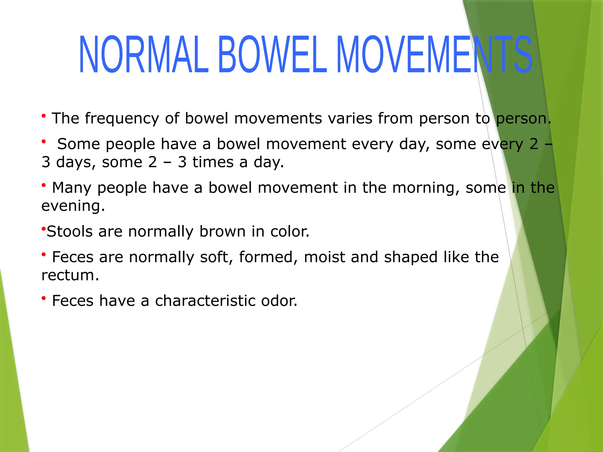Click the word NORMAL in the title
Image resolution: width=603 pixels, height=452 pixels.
[144, 54]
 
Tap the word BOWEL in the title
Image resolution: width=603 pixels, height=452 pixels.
[272, 54]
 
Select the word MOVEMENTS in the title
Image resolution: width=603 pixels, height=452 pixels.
[434, 54]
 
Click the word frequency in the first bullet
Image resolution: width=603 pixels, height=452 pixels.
[122, 119]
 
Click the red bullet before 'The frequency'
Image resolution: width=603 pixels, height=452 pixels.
[44, 116]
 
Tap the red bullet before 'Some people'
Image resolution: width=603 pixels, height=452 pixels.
[44, 142]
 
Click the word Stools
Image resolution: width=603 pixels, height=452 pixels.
[70, 231]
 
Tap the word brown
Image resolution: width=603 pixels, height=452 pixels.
[222, 231]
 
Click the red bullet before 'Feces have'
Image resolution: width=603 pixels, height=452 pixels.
[44, 298]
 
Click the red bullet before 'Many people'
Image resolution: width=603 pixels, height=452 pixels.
[44, 185]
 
